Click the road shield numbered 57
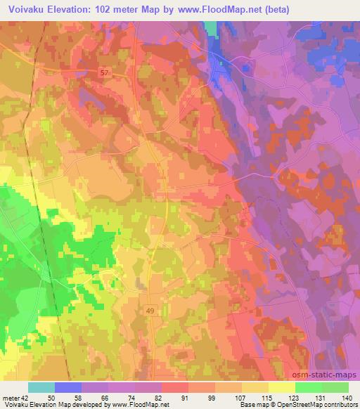[x=105, y=72]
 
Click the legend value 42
[x=25, y=398]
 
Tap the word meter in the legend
[x=11, y=398]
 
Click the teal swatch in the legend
[x=41, y=387]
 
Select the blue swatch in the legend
[x=68, y=387]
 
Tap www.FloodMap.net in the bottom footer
[x=138, y=405]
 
